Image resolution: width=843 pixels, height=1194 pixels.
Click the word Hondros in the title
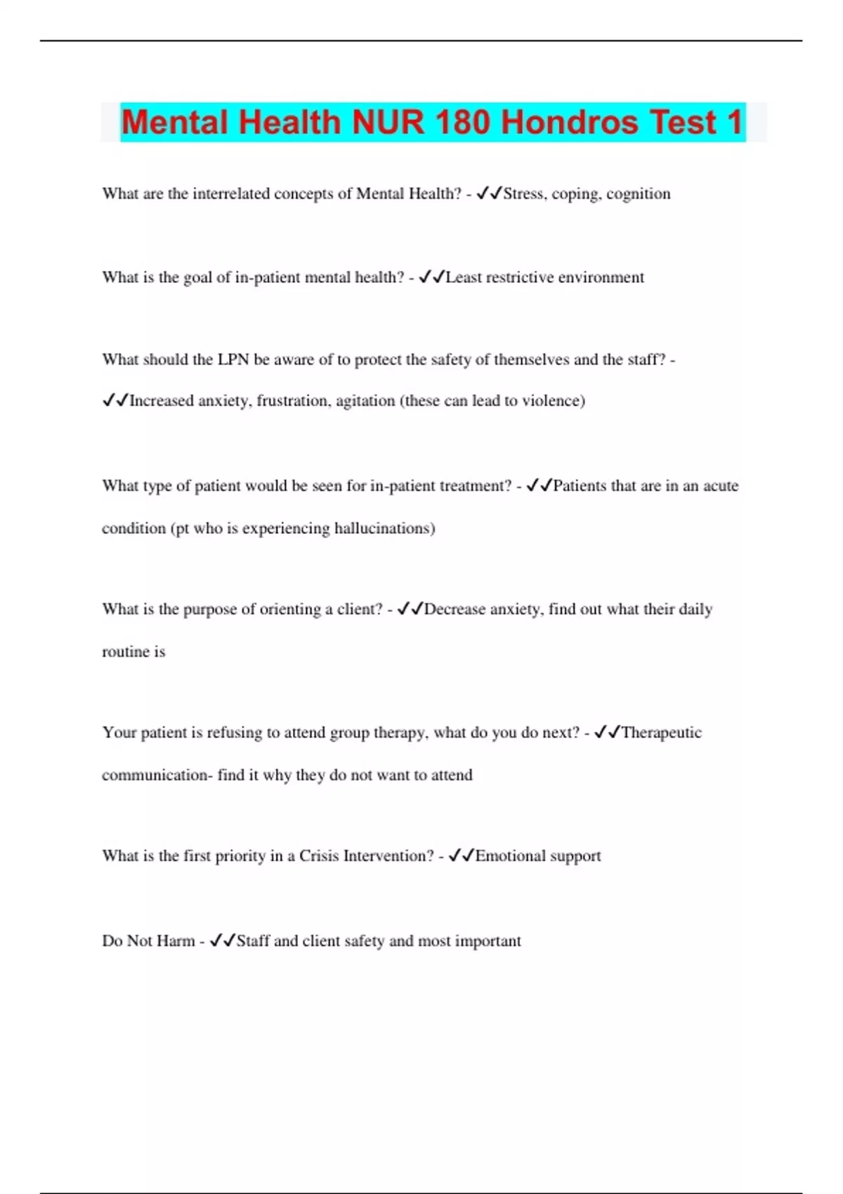coord(569,123)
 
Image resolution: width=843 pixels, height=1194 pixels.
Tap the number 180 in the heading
coord(462,123)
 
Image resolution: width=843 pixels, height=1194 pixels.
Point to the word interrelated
coord(231,194)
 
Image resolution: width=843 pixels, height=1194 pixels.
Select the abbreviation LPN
coord(233,360)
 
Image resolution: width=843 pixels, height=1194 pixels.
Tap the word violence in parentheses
coord(553,401)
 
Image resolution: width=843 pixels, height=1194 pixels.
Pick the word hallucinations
coord(384,528)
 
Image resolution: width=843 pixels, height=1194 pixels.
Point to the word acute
coord(721,486)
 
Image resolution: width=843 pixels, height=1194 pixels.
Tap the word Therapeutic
coord(661,733)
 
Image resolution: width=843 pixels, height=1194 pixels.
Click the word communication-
coord(157,775)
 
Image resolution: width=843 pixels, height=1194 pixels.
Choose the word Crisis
coord(319,856)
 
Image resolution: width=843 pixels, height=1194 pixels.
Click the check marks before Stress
coord(489,193)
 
